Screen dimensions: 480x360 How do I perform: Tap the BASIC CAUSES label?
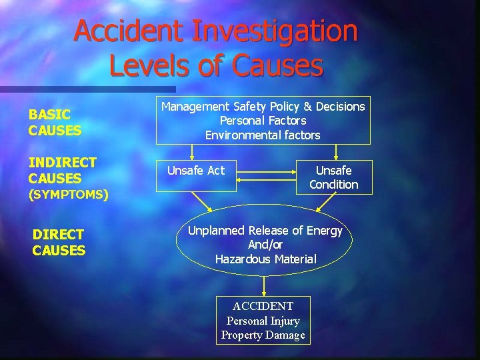pyautogui.click(x=55, y=123)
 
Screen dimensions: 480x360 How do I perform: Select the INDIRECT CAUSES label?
pyautogui.click(x=62, y=170)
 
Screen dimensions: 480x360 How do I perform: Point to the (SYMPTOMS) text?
pyautogui.click(x=68, y=195)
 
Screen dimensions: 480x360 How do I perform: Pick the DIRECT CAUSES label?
pyautogui.click(x=59, y=242)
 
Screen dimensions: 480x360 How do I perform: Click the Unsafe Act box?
pyautogui.click(x=196, y=171)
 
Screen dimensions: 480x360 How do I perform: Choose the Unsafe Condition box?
pyautogui.click(x=334, y=177)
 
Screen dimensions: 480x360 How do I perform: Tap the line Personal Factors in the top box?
pyautogui.click(x=263, y=121)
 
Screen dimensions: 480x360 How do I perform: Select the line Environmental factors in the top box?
pyautogui.click(x=263, y=135)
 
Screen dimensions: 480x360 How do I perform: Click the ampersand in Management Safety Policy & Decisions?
pyautogui.click(x=307, y=106)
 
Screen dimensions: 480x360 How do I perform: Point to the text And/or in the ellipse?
pyautogui.click(x=265, y=245)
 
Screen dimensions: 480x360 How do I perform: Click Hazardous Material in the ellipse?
pyautogui.click(x=265, y=259)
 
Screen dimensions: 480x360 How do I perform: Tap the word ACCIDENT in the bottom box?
pyautogui.click(x=263, y=306)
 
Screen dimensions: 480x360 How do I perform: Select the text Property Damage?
pyautogui.click(x=263, y=335)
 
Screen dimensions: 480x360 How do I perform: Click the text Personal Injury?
pyautogui.click(x=263, y=321)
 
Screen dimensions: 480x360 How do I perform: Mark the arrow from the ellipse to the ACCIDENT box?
pyautogui.click(x=265, y=285)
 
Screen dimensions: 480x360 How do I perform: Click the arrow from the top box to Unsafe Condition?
pyautogui.click(x=335, y=153)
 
